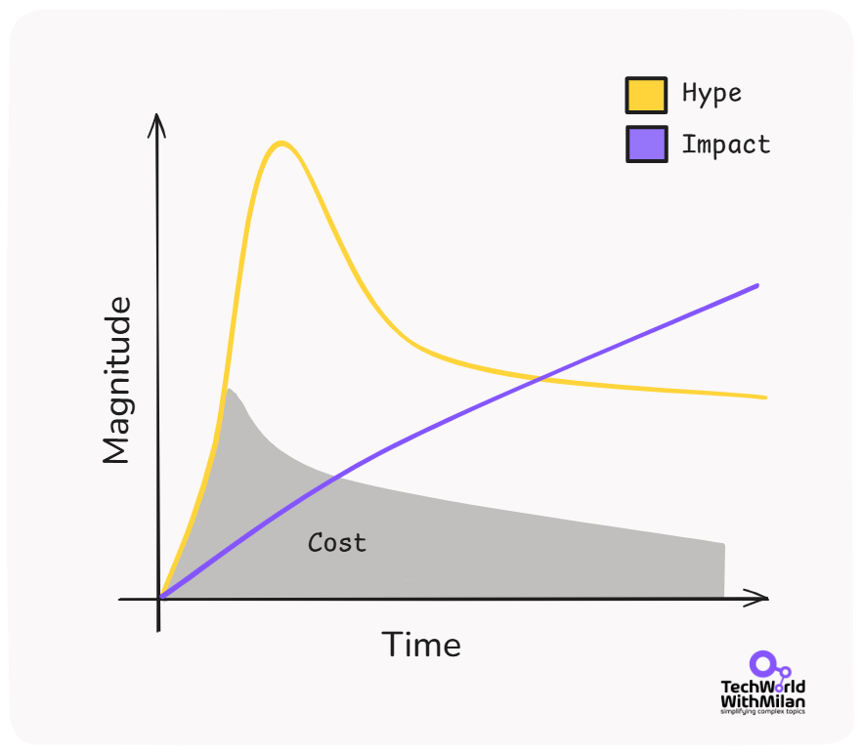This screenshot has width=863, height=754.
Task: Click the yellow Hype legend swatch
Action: [x=646, y=95]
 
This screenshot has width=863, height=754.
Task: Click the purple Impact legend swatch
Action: [x=646, y=145]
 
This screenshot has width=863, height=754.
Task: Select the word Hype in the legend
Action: [x=712, y=94]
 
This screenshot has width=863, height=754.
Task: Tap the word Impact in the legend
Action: [x=725, y=145]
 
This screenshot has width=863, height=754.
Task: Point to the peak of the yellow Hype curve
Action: [x=281, y=144]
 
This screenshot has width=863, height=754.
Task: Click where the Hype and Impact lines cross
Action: [x=540, y=378]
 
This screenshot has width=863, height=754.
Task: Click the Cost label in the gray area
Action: [x=337, y=542]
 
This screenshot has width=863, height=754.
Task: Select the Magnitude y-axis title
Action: [x=116, y=381]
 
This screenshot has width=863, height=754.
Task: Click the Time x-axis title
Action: [x=420, y=646]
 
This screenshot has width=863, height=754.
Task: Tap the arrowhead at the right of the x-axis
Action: [x=762, y=598]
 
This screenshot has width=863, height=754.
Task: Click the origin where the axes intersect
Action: [x=159, y=598]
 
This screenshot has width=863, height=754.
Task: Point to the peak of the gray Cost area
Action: [x=228, y=390]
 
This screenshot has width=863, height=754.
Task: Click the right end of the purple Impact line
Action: [x=757, y=285]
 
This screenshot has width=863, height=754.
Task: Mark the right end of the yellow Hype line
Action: [x=764, y=398]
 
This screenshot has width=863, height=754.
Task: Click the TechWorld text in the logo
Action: [x=762, y=688]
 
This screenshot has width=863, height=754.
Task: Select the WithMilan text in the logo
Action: [x=762, y=701]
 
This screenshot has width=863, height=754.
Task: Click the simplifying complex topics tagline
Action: [x=762, y=711]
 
